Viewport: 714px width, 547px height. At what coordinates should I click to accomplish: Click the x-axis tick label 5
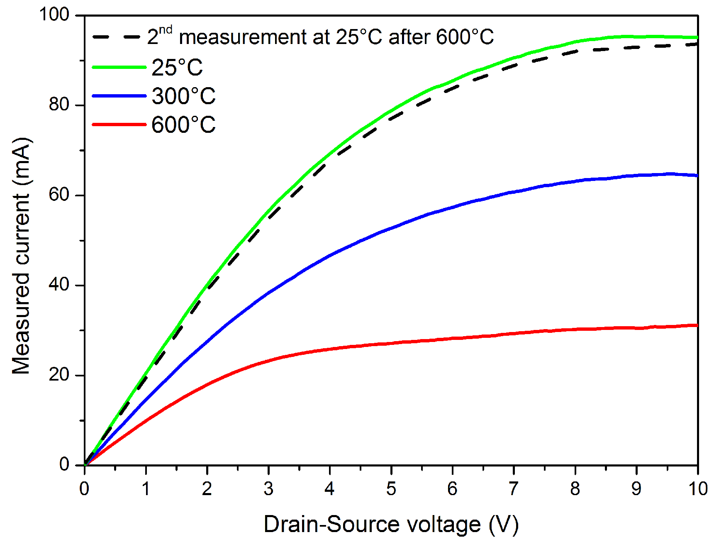pos(391,489)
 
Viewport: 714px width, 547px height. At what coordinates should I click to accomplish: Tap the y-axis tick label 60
pos(58,195)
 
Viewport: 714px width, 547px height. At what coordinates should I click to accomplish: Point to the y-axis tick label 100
pos(54,15)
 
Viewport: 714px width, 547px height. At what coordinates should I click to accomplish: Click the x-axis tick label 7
pos(513,489)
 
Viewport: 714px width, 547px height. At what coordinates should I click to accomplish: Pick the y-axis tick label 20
pos(58,375)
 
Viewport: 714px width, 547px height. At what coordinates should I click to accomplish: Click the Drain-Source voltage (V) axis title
pos(391,524)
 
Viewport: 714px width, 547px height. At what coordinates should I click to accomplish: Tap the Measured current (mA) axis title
pos(22,256)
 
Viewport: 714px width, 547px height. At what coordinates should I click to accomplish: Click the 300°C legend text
pos(183,96)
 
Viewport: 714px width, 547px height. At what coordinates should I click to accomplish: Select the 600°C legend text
pos(183,125)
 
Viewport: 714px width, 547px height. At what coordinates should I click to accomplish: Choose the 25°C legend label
pos(177,68)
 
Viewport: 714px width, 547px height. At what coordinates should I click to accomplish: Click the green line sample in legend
pos(119,67)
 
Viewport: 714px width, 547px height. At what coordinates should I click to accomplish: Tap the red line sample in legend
pos(119,124)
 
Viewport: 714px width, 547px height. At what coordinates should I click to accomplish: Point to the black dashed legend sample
pos(117,37)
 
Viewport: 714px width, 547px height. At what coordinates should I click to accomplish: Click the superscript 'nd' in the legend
pos(166,30)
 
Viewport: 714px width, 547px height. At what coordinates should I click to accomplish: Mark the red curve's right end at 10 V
pos(697,325)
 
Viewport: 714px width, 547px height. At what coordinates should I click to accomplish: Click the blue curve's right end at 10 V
pos(697,176)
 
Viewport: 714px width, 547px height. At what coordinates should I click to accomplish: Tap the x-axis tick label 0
pos(84,489)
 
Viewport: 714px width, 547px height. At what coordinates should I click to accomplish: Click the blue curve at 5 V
pos(391,227)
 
